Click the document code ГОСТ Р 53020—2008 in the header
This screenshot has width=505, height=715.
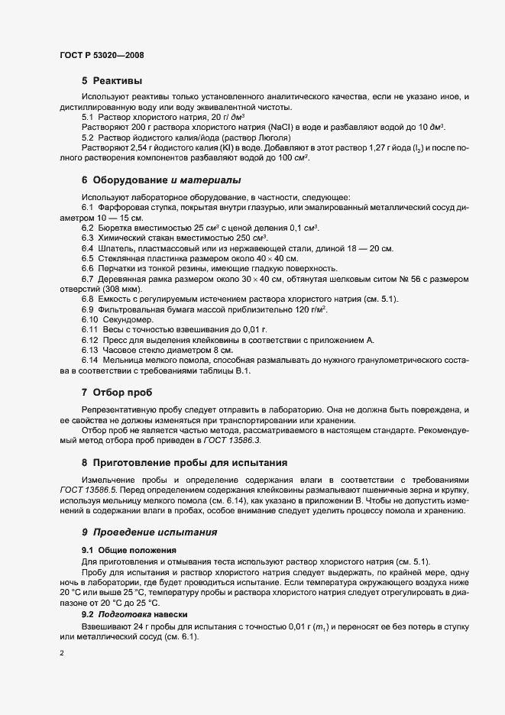[x=102, y=56]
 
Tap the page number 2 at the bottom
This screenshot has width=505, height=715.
[x=62, y=653]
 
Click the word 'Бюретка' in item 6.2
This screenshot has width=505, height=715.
[x=118, y=228]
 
